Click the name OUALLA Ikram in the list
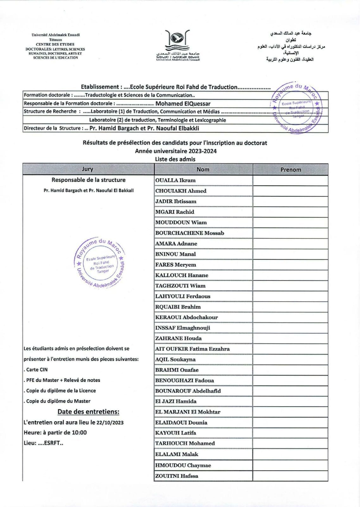click(x=175, y=180)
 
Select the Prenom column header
click(x=290, y=170)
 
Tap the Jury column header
click(x=87, y=169)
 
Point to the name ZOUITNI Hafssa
click(x=176, y=476)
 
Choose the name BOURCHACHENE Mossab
click(x=189, y=233)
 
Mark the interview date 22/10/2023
click(x=110, y=422)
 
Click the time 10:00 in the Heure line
click(x=80, y=433)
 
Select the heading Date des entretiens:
click(x=88, y=412)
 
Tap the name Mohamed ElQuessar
click(x=183, y=104)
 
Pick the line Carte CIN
click(x=36, y=369)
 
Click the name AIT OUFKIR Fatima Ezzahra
click(x=192, y=349)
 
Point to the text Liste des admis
click(x=175, y=159)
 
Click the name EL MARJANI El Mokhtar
click(x=187, y=412)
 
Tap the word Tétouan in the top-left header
click(x=55, y=40)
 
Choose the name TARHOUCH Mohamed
click(x=185, y=443)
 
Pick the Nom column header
click(x=203, y=170)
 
